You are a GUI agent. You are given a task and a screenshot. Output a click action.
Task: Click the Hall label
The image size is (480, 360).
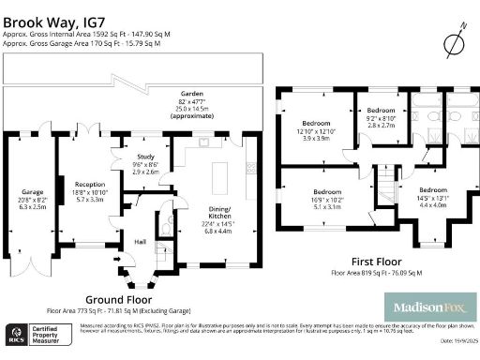click(x=140, y=241)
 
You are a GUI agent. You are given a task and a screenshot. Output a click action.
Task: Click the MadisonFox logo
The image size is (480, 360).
click(x=430, y=306)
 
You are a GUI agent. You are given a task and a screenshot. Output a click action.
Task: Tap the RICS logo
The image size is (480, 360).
click(x=16, y=335)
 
